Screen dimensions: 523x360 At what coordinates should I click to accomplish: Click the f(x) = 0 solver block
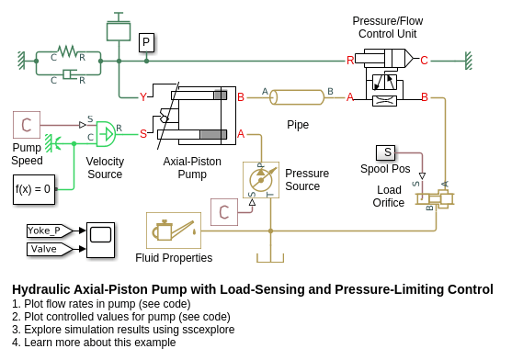[x=34, y=189]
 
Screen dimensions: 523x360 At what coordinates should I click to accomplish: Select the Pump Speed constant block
[x=27, y=125]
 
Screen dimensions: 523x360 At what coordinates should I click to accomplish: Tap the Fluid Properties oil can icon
[x=174, y=231]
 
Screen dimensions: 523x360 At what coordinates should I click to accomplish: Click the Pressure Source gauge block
[x=261, y=180]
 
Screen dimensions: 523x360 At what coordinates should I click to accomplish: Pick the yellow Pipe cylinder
[x=297, y=97]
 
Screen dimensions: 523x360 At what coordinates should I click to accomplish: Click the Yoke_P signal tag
[x=50, y=231]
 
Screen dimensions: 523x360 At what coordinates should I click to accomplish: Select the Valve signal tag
[x=50, y=249]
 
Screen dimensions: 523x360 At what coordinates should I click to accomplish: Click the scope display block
[x=100, y=240]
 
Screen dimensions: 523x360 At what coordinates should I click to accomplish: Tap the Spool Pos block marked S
[x=385, y=152]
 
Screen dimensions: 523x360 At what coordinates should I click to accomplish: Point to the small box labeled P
[x=146, y=42]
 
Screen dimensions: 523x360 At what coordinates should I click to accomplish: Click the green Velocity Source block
[x=106, y=134]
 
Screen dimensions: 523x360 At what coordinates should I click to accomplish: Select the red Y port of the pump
[x=143, y=97]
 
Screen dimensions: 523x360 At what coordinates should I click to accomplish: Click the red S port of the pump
[x=143, y=134]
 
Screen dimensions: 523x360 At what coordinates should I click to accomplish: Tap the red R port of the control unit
[x=350, y=61]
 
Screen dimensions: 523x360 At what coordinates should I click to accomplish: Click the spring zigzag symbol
[x=68, y=51]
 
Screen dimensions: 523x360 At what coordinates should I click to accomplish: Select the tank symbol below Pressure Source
[x=270, y=258]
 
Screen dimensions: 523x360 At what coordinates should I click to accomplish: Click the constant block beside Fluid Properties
[x=224, y=212]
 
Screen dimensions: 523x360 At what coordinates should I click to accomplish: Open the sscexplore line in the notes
[x=123, y=330]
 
